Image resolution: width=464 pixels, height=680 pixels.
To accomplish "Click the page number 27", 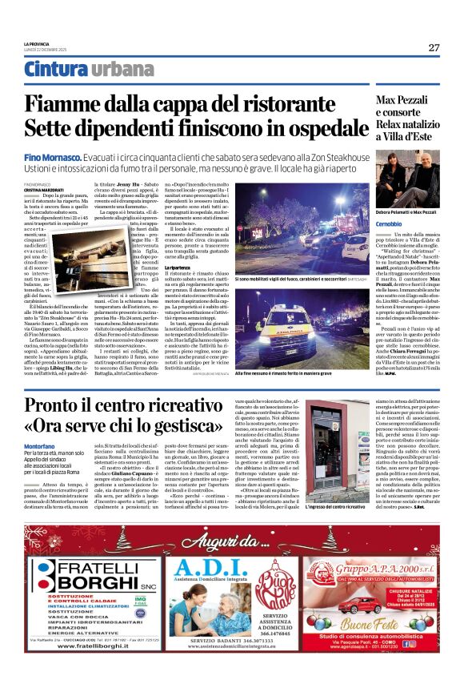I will pos(434,47).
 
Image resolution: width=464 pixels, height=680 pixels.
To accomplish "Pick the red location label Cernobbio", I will pos(390,222).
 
